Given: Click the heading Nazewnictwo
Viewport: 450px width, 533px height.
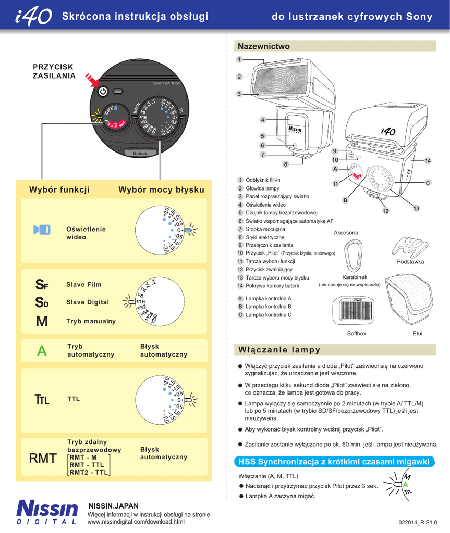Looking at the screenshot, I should [263, 46].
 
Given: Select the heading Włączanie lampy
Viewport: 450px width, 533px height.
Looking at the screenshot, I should [279, 349].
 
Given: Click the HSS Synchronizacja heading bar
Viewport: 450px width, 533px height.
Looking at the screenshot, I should [334, 461].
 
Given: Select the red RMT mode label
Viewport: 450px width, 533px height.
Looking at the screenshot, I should [43, 458].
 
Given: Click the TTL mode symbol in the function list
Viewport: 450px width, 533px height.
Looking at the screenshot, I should [42, 400].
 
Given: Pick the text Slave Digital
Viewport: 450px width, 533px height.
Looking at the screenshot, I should [88, 302].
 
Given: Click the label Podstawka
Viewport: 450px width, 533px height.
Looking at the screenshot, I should [410, 261].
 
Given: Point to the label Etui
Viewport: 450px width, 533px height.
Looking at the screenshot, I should [417, 333].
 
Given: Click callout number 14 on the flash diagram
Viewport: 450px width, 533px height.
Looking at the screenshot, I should [428, 161].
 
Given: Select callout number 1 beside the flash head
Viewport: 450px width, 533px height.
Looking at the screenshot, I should [239, 59].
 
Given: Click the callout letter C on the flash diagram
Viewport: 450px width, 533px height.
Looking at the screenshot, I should [428, 183].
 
